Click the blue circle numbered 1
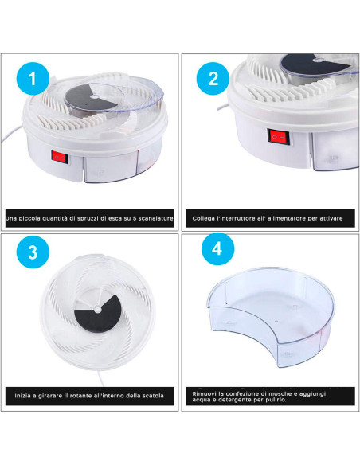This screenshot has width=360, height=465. pyautogui.click(x=33, y=79)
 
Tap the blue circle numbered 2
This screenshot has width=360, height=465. pyautogui.click(x=213, y=79)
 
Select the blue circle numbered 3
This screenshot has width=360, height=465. pyautogui.click(x=33, y=252)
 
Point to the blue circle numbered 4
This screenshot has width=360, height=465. pyautogui.click(x=217, y=248)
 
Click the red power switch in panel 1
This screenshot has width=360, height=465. pyautogui.click(x=60, y=156)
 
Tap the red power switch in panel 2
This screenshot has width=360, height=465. pyautogui.click(x=278, y=137)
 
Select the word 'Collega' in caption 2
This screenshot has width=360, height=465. pyautogui.click(x=203, y=218)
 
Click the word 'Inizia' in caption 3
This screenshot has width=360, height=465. pyautogui.click(x=23, y=396)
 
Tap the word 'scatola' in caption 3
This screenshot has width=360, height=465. pyautogui.click(x=153, y=396)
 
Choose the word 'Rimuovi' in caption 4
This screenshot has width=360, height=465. pyautogui.click(x=204, y=394)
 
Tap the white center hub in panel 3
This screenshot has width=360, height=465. pyautogui.click(x=97, y=310)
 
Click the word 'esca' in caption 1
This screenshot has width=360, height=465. pyautogui.click(x=115, y=218)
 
